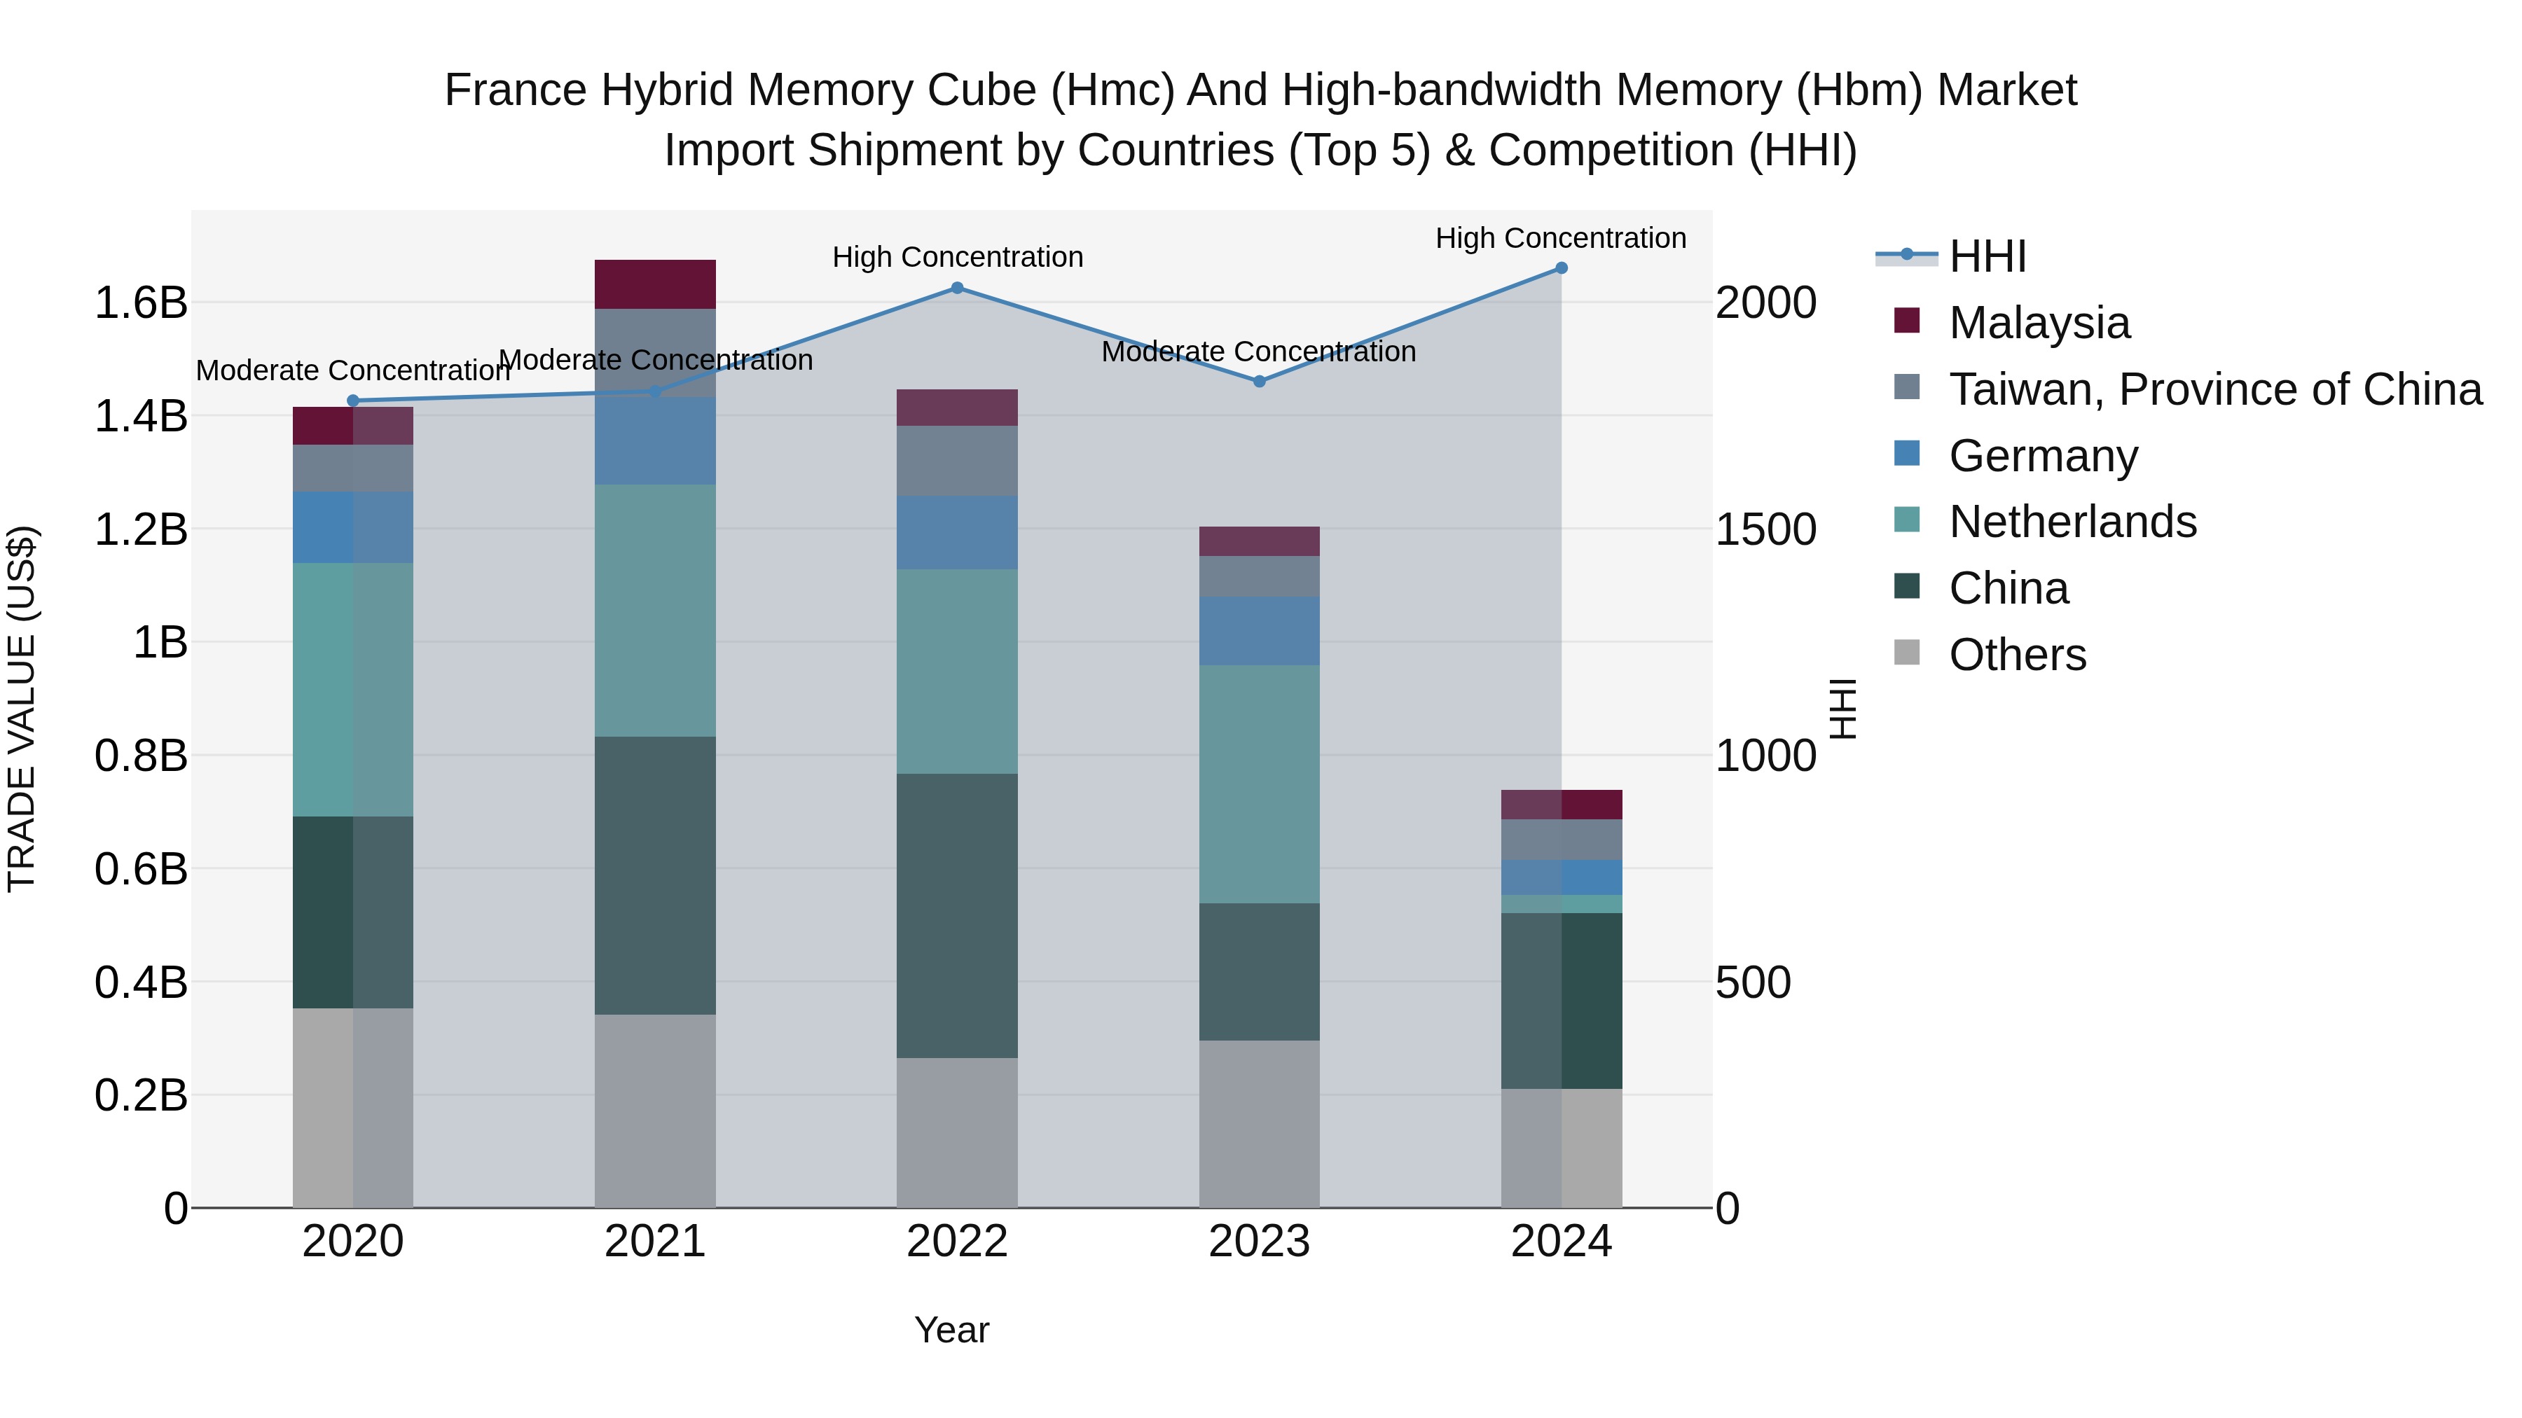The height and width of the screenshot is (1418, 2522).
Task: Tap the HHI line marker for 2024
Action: [1561, 268]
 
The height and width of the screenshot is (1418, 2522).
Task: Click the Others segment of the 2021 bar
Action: [655, 1111]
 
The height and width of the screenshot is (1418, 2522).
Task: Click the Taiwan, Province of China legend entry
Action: [2214, 389]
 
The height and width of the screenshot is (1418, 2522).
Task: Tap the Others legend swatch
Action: [1906, 653]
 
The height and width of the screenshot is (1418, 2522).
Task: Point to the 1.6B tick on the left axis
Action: [140, 303]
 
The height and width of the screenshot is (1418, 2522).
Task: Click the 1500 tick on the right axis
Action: [1765, 529]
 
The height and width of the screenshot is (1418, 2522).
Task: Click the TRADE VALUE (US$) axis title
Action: [22, 709]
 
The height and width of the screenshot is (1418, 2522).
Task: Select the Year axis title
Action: [951, 1330]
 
